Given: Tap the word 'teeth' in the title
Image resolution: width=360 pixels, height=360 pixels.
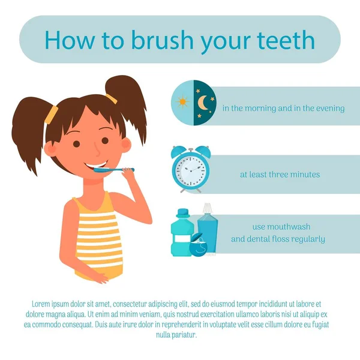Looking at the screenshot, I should click(x=286, y=40).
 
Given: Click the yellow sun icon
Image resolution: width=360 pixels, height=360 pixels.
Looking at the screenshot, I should click(x=182, y=101).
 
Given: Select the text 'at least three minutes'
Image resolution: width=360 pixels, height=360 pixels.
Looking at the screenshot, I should click(x=280, y=175).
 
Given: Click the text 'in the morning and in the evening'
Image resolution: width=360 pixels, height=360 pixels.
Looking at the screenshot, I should click(x=283, y=109).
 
